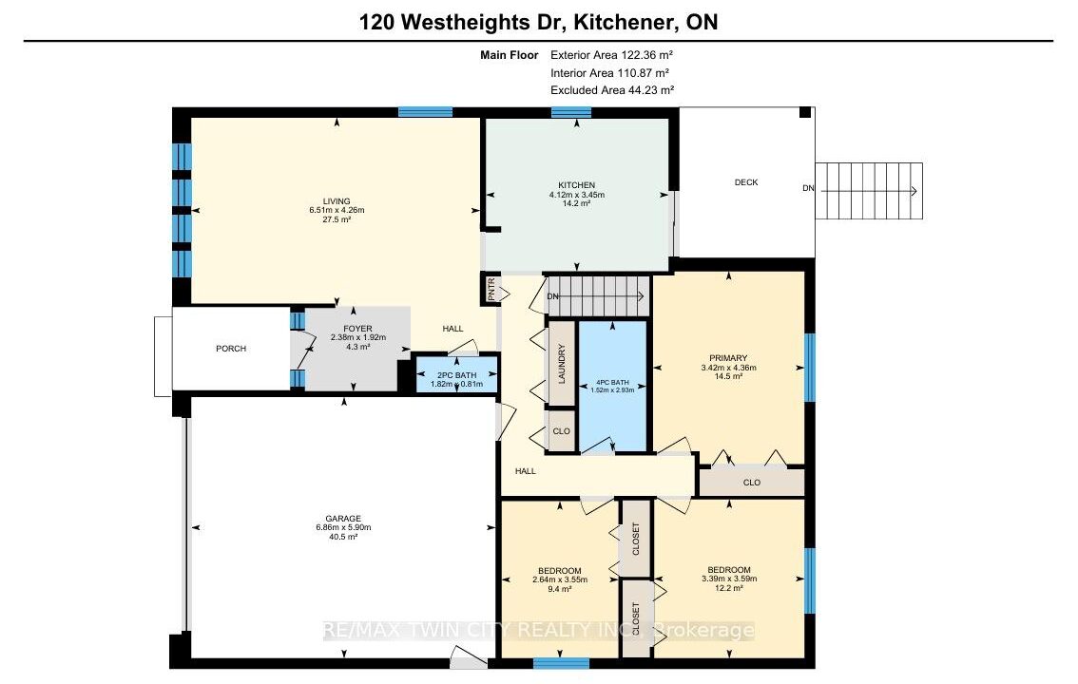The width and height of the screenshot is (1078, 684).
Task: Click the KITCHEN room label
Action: pyautogui.click(x=576, y=185)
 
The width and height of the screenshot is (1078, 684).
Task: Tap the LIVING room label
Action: pyautogui.click(x=337, y=201)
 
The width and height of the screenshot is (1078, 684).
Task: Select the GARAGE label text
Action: pyautogui.click(x=343, y=519)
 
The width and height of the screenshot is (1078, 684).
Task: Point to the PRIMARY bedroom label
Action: pyautogui.click(x=728, y=358)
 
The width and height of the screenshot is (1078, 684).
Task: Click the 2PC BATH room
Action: pyautogui.click(x=456, y=374)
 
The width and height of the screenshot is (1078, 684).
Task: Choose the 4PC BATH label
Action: pyautogui.click(x=612, y=383)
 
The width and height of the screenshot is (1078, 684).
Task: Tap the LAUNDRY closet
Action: pyautogui.click(x=562, y=363)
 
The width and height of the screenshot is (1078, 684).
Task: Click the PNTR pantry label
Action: pyautogui.click(x=491, y=290)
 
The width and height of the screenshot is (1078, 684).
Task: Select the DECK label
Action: pyautogui.click(x=746, y=182)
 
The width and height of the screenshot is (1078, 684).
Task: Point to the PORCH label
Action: pyautogui.click(x=231, y=349)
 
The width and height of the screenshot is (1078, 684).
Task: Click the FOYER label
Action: pyautogui.click(x=357, y=329)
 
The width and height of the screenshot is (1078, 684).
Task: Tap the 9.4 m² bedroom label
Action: pyautogui.click(x=560, y=589)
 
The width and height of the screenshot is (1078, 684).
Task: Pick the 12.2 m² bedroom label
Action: pyautogui.click(x=729, y=588)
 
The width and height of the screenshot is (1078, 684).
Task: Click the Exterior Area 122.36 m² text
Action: pyautogui.click(x=611, y=55)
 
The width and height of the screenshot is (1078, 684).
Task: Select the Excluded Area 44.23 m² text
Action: pyautogui.click(x=612, y=90)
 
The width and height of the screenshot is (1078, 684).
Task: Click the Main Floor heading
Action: pyautogui.click(x=509, y=55)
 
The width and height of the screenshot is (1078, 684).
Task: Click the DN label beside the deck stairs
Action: pyautogui.click(x=808, y=188)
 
